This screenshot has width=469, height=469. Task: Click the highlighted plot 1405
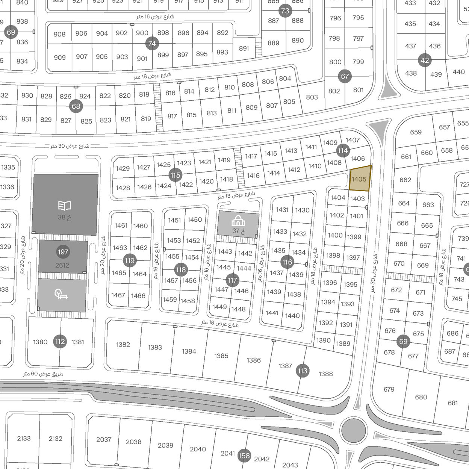coord(360,179)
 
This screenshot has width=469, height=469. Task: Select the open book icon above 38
coord(65,206)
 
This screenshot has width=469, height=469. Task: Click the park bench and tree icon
coord(61,294)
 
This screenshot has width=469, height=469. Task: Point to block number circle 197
coord(63,252)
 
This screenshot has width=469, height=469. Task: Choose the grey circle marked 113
coord(303,371)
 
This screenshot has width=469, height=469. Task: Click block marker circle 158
coord(244,456)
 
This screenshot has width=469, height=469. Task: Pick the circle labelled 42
coord(425,60)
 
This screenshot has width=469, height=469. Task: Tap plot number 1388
coord(325,374)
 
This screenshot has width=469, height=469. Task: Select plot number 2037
coord(104,439)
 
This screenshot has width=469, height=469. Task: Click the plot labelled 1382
coord(123,345)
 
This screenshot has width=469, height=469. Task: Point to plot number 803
coord(312,97)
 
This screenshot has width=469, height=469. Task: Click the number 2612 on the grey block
coord(62,265)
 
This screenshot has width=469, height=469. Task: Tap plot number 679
coord(389,389)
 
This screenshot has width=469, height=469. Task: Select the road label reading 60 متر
coord(43,374)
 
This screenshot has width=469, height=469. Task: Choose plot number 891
coord(244,48)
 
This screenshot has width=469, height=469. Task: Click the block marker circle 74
coord(152,44)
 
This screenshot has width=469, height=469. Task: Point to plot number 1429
coord(123,168)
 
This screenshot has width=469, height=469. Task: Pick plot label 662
coord(405,180)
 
